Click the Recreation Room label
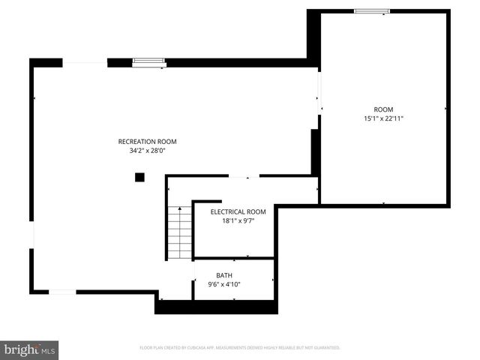147,141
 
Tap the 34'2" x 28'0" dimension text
147,150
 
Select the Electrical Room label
238,211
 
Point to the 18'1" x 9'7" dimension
238,220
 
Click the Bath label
224,275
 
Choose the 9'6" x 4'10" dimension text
224,284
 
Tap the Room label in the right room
383,109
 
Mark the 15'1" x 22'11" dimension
383,118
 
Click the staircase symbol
180,232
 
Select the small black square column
139,177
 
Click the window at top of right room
372,10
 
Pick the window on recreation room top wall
148,62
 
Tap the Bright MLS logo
30,349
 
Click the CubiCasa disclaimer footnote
240,348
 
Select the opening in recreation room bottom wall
62,292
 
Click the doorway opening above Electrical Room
239,177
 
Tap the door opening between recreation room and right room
319,93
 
